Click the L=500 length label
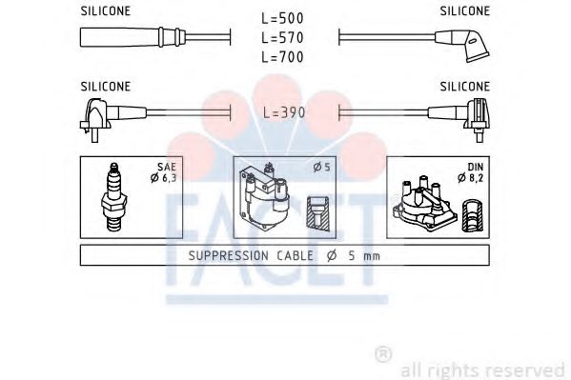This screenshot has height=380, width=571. coord(282,18)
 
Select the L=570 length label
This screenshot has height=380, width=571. coord(282,37)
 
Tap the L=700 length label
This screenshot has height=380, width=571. coord(282,57)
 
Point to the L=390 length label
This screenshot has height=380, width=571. coord(284,112)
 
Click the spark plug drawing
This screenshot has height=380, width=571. coord(114,197)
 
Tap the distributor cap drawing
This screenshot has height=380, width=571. coord(424,205)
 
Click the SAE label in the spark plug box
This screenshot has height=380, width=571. coord(167,167)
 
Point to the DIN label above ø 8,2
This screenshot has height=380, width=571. coord(476,167)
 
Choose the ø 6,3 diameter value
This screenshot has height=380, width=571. coord(164,178)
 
